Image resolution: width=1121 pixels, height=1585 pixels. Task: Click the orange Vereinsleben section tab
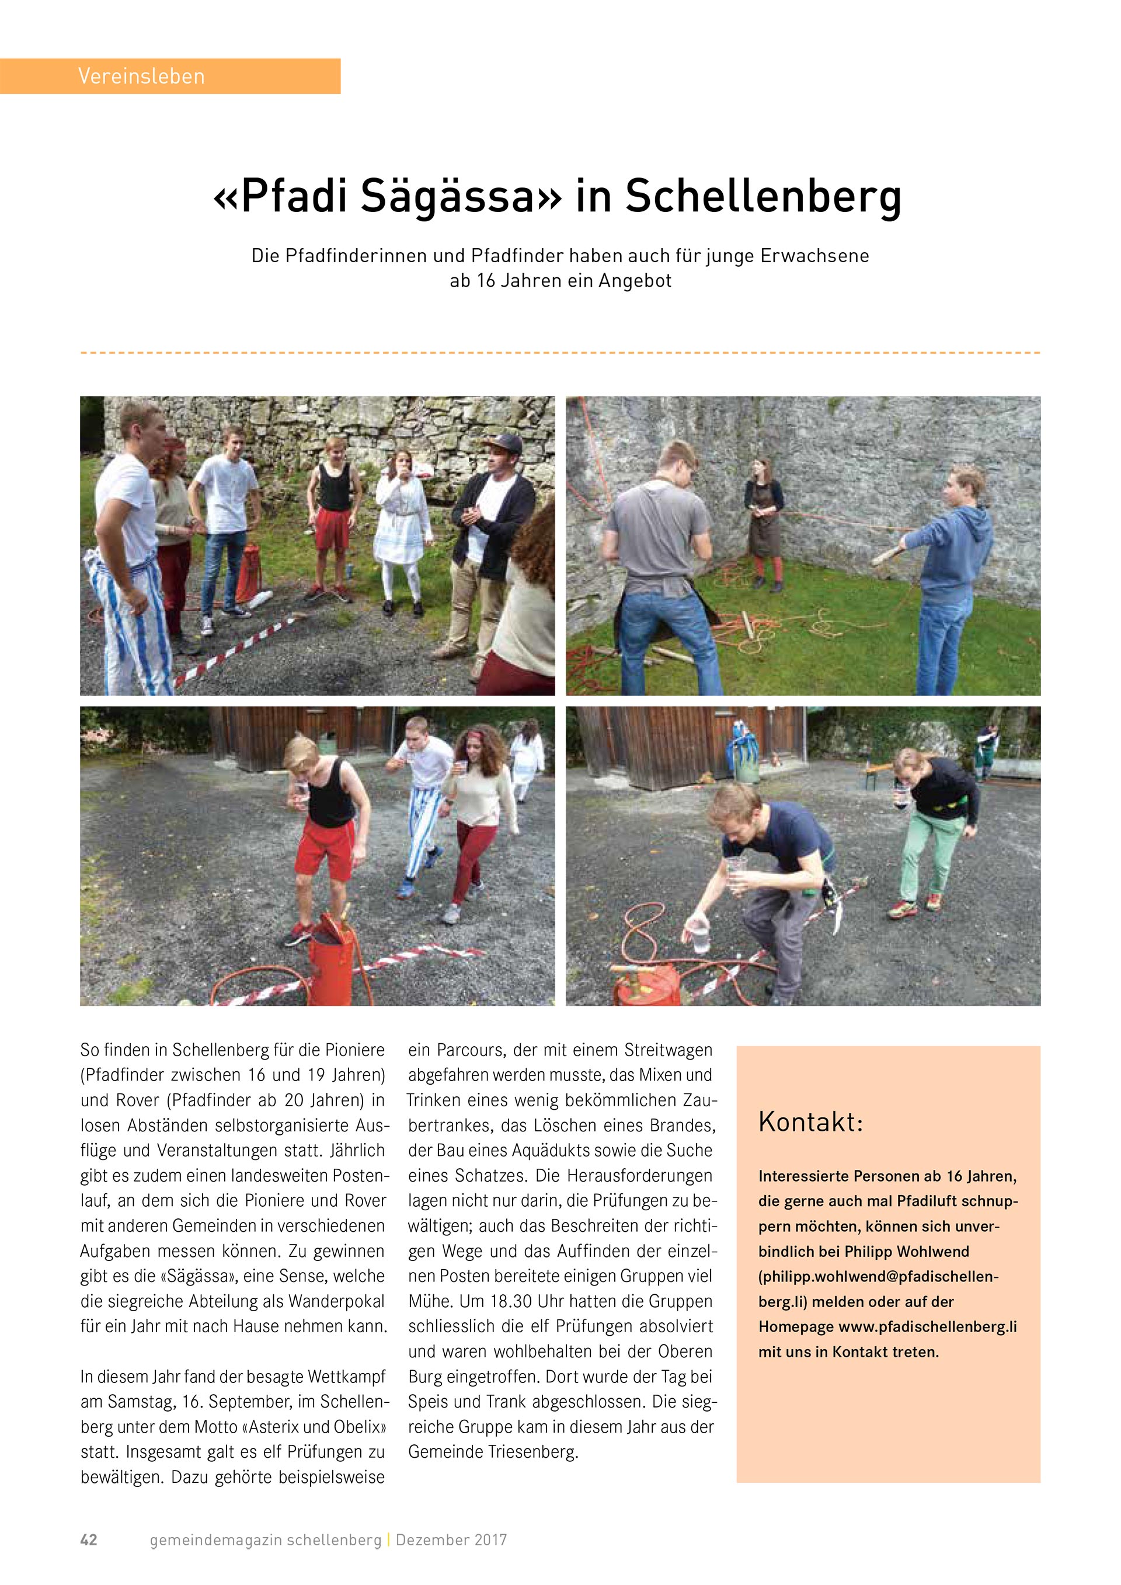(170, 76)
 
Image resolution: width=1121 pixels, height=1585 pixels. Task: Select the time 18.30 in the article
(509, 1301)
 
